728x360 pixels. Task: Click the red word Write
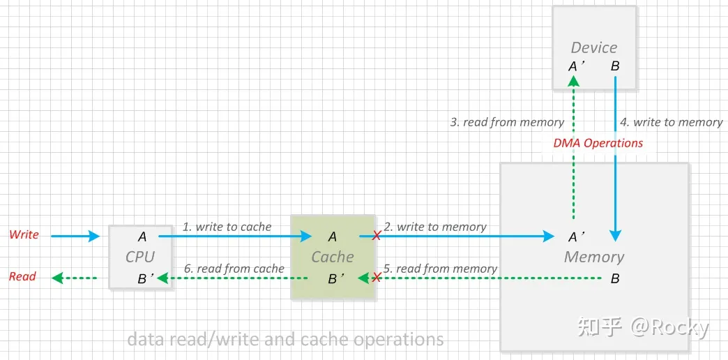coord(24,234)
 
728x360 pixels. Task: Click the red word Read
coord(22,276)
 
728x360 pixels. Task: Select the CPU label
coord(139,257)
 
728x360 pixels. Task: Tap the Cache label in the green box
coord(333,257)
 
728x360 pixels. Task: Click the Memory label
coord(594,257)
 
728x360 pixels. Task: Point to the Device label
coord(593,47)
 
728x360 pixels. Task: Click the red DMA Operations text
coord(598,143)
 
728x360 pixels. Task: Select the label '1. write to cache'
coord(227,226)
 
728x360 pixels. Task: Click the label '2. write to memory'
coord(434,226)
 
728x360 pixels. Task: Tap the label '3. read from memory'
coord(507,122)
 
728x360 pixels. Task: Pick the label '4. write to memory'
coord(671,122)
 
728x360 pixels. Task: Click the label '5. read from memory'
coord(441,268)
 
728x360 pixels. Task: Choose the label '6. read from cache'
coord(234,268)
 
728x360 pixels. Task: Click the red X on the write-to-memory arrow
coord(377,237)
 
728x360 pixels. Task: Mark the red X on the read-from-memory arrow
coord(377,278)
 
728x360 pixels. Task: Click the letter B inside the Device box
coord(615,66)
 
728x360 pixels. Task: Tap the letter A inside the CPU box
coord(142,237)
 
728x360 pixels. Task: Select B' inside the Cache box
coord(334,278)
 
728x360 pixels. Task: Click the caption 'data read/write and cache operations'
coord(285,340)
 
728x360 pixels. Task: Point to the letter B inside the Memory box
coord(615,278)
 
